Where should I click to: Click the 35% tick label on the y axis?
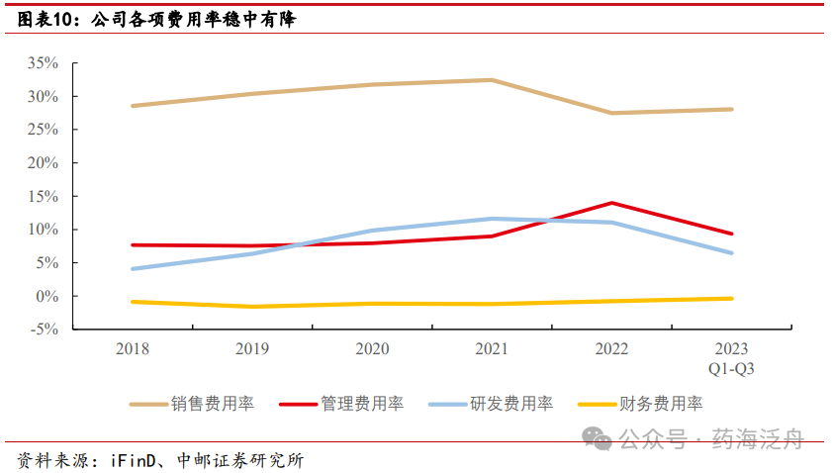45,63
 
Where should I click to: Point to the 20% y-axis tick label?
45,163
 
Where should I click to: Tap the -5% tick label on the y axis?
45,330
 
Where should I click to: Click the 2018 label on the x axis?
132,348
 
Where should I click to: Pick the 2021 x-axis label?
492,348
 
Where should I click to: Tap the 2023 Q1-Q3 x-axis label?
732,358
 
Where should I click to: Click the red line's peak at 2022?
612,203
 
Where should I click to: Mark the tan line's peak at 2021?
492,80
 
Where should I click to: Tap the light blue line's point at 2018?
132,269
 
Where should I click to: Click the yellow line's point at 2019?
251,307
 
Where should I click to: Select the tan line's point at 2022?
612,113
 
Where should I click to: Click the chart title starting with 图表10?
158,19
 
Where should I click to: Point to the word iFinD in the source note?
130,460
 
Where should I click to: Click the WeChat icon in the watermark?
597,437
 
